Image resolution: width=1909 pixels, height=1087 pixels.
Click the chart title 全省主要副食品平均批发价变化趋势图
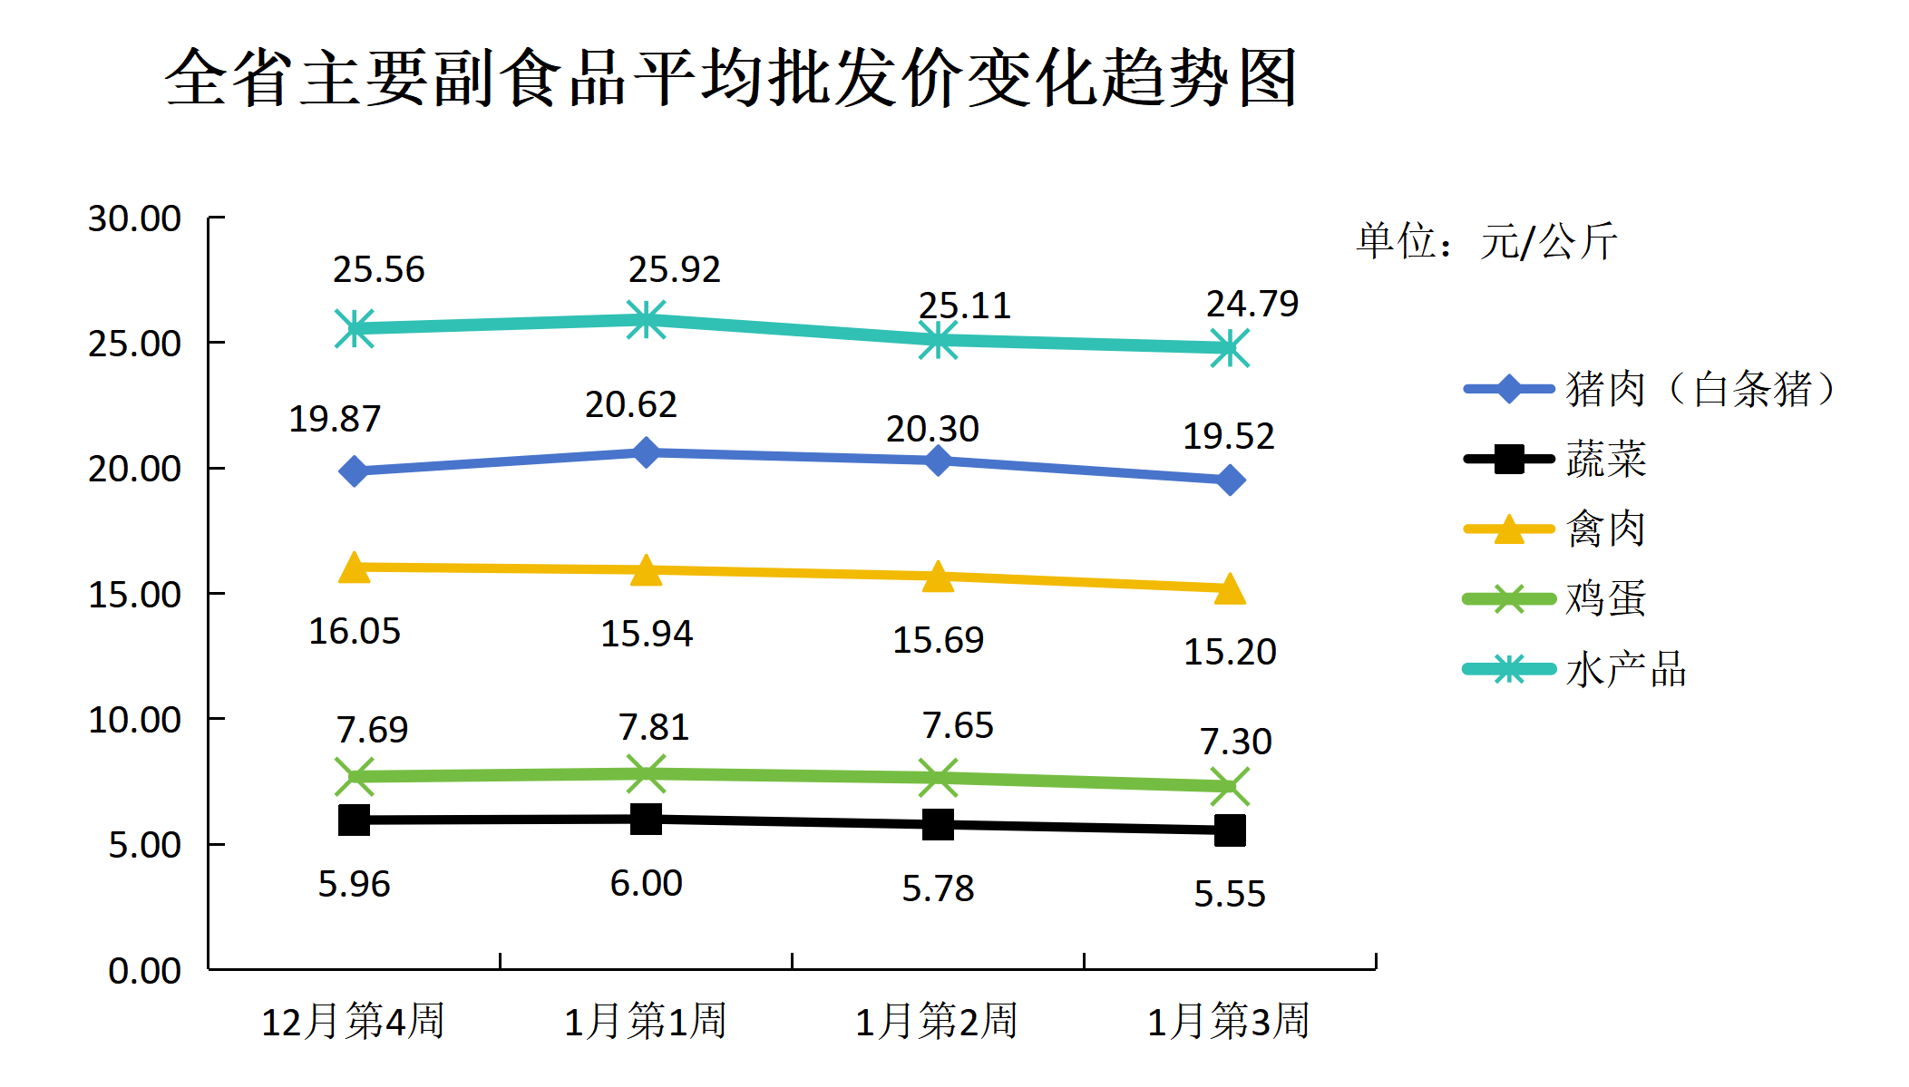tap(731, 78)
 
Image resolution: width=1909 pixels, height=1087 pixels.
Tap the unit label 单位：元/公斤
tap(1487, 241)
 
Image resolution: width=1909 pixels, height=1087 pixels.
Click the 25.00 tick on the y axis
tap(134, 344)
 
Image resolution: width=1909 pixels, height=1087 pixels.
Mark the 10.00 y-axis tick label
tap(134, 720)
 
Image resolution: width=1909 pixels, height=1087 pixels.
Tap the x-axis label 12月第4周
tap(353, 1021)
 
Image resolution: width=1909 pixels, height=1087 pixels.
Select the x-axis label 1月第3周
tap(1229, 1021)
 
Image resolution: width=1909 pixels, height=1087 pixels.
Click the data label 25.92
tap(674, 269)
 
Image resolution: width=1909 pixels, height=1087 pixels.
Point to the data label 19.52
tap(1229, 436)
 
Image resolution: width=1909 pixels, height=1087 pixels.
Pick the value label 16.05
tap(355, 631)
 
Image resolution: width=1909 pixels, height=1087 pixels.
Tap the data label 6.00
tap(646, 883)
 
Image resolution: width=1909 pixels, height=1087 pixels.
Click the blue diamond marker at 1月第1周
tap(646, 451)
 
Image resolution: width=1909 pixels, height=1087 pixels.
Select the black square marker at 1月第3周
tap(1230, 830)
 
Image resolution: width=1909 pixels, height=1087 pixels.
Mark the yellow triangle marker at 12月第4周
tap(355, 568)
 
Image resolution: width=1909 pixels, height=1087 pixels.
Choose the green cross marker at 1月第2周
tap(938, 778)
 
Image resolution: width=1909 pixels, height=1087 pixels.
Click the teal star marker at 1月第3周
tap(1230, 348)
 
